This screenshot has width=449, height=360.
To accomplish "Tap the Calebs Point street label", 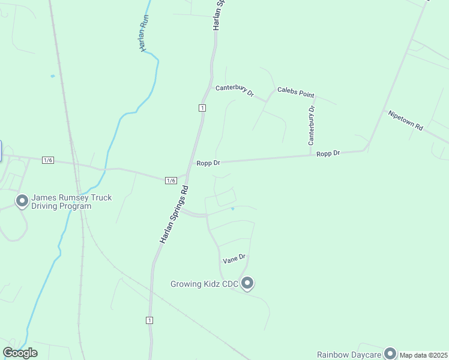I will click(295, 92).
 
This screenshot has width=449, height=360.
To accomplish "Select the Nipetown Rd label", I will click(406, 120).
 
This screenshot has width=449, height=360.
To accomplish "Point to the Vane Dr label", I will click(234, 259).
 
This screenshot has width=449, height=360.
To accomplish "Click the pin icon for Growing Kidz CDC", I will click(247, 283).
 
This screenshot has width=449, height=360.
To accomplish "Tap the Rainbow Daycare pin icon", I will click(390, 353).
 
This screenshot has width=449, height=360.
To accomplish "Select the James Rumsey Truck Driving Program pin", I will click(22, 200).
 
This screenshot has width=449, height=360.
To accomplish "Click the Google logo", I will click(20, 353).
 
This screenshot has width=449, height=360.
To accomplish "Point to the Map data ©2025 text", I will click(424, 355).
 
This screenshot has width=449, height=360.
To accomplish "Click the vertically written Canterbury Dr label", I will click(312, 126).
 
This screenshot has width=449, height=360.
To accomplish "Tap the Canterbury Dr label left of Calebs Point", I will click(235, 91).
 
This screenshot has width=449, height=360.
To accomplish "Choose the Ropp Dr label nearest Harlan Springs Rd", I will click(208, 163).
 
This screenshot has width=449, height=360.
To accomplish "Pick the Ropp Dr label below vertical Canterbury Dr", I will click(328, 154).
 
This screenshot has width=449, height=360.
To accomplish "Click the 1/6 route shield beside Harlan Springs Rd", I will click(170, 180).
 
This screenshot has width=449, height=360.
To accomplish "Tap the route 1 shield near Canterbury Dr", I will click(203, 107).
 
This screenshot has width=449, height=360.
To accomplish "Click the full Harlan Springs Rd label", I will click(174, 214).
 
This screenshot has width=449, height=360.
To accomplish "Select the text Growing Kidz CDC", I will click(204, 284).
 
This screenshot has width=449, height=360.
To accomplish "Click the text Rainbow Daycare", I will click(349, 354).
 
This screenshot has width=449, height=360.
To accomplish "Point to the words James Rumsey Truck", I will click(71, 197).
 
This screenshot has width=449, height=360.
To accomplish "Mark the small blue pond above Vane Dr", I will click(232, 209).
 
